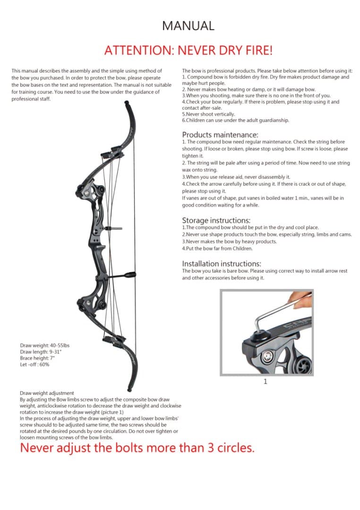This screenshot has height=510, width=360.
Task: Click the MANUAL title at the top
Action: click(188, 25)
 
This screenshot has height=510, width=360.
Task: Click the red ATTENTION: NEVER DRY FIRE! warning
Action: click(188, 50)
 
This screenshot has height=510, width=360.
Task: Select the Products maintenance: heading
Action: click(220, 135)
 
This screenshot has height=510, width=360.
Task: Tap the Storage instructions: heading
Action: click(216, 221)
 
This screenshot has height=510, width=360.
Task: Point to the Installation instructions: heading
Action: click(222, 263)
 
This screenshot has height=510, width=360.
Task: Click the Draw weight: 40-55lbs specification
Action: click(44, 345)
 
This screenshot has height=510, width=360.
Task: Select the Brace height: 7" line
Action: click(38, 358)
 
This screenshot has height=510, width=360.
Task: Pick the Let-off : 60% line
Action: click(34, 365)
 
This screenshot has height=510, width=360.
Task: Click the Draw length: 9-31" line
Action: click(41, 352)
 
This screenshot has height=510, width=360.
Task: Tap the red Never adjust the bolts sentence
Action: click(137, 448)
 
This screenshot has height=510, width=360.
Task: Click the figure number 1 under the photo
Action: click(265, 382)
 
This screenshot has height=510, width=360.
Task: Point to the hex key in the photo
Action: click(272, 314)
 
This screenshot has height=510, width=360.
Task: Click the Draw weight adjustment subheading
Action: click(47, 393)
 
